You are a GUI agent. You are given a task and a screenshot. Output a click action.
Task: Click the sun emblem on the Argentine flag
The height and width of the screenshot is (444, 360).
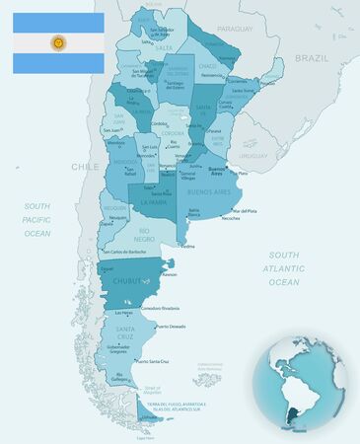tap(58, 43)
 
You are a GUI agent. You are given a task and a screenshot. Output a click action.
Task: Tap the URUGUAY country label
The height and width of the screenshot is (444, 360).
tap(254, 156)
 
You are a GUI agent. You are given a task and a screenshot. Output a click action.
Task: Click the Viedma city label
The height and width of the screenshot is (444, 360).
tap(187, 247)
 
